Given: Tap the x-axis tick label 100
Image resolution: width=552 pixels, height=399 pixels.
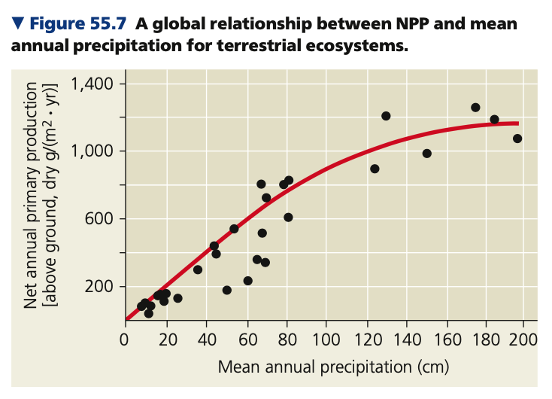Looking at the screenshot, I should pyautogui.click(x=326, y=337).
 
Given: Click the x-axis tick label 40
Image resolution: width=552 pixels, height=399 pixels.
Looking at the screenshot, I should pyautogui.click(x=205, y=337).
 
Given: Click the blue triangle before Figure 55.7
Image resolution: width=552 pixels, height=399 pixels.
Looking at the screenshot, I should pyautogui.click(x=18, y=25).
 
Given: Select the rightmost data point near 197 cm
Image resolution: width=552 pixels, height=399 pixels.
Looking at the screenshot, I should pyautogui.click(x=517, y=139).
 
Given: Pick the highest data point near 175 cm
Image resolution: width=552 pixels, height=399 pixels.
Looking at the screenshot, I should pyautogui.click(x=475, y=108).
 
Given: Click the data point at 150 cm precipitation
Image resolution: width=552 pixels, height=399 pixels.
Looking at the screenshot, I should pyautogui.click(x=426, y=154).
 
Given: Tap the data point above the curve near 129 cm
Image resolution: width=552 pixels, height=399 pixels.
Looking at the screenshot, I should pyautogui.click(x=386, y=116).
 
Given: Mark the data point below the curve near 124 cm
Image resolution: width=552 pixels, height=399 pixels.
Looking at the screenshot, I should pyautogui.click(x=375, y=169).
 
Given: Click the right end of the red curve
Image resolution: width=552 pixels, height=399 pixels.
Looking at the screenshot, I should pyautogui.click(x=518, y=123).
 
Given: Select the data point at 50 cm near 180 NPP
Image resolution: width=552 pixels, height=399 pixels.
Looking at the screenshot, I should pyautogui.click(x=226, y=290).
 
